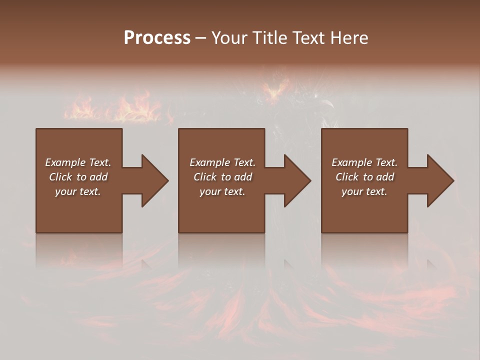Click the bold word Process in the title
click(x=157, y=37)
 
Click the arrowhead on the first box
click(x=153, y=180)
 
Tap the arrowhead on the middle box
click(x=296, y=180)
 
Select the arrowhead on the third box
click(x=439, y=180)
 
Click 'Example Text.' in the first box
click(x=78, y=162)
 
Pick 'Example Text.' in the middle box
click(x=222, y=162)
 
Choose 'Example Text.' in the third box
click(x=364, y=162)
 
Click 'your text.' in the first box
click(x=78, y=191)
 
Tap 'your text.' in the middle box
click(x=222, y=191)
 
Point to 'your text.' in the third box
click(x=364, y=191)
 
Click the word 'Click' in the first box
click(x=60, y=177)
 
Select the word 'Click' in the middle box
click(x=204, y=177)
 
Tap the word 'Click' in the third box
click(x=346, y=177)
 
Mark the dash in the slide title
click(x=201, y=38)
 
